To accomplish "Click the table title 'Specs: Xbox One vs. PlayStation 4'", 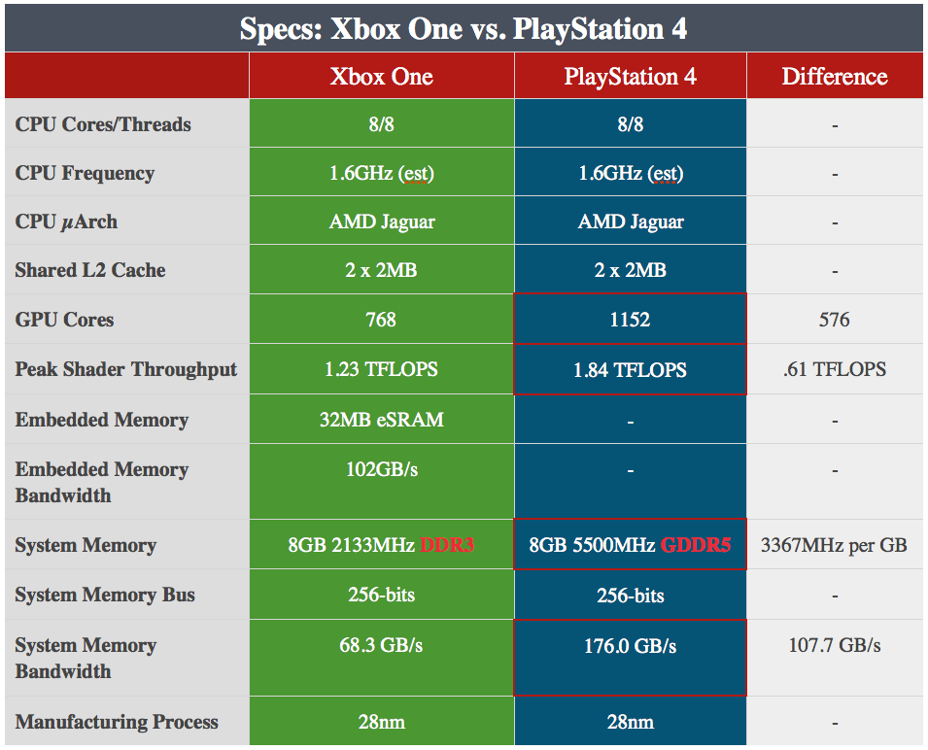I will (x=464, y=28).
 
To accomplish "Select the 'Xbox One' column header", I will (x=381, y=77).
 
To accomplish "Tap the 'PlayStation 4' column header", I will (x=630, y=77).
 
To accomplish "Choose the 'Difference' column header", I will (x=835, y=77).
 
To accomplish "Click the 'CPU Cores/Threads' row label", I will (x=103, y=124).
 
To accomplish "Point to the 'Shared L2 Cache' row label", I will (x=90, y=271).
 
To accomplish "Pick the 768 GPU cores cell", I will (x=381, y=320).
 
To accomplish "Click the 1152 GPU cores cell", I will (x=630, y=320).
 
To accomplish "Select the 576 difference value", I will (x=835, y=320).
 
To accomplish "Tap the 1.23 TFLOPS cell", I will (x=381, y=370).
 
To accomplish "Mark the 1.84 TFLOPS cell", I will (x=630, y=370).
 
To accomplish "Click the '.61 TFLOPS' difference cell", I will (x=835, y=370).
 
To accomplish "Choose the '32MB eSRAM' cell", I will (x=381, y=421).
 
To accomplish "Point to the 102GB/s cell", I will (x=381, y=469).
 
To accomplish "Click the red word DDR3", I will (x=446, y=545).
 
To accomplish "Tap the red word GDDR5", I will (x=695, y=545).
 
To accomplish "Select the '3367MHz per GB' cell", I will (x=835, y=545).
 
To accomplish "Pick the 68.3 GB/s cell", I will (x=381, y=646).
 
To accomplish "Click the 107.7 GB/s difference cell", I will (x=835, y=646).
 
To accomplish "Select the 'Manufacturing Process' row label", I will (x=117, y=722).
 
